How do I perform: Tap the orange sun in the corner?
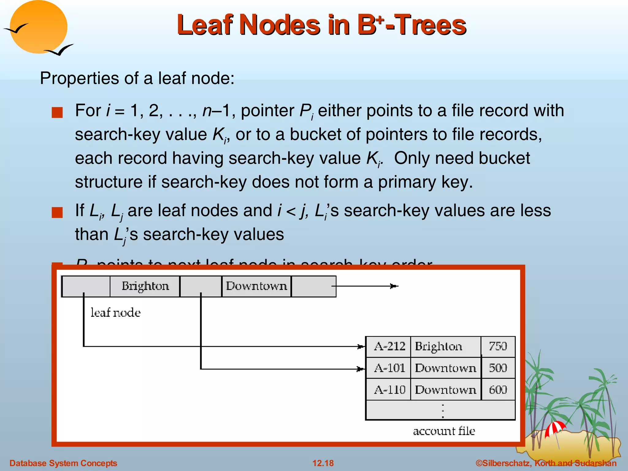(x=38, y=27)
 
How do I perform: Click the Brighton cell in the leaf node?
(x=145, y=286)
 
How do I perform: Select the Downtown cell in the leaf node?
(x=256, y=286)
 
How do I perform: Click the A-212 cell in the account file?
(x=389, y=347)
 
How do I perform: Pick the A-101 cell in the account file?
(x=389, y=368)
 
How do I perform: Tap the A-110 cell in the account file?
(x=389, y=390)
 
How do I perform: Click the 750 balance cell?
(x=498, y=347)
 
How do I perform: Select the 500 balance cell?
(x=498, y=368)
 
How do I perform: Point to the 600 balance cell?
(x=498, y=390)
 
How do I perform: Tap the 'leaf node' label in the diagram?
(x=116, y=313)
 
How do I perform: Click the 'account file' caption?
(x=444, y=431)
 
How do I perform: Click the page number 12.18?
(x=323, y=463)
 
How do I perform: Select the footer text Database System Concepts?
(x=63, y=463)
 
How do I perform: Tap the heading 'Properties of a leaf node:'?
(x=137, y=78)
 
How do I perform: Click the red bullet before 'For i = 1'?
(x=57, y=113)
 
